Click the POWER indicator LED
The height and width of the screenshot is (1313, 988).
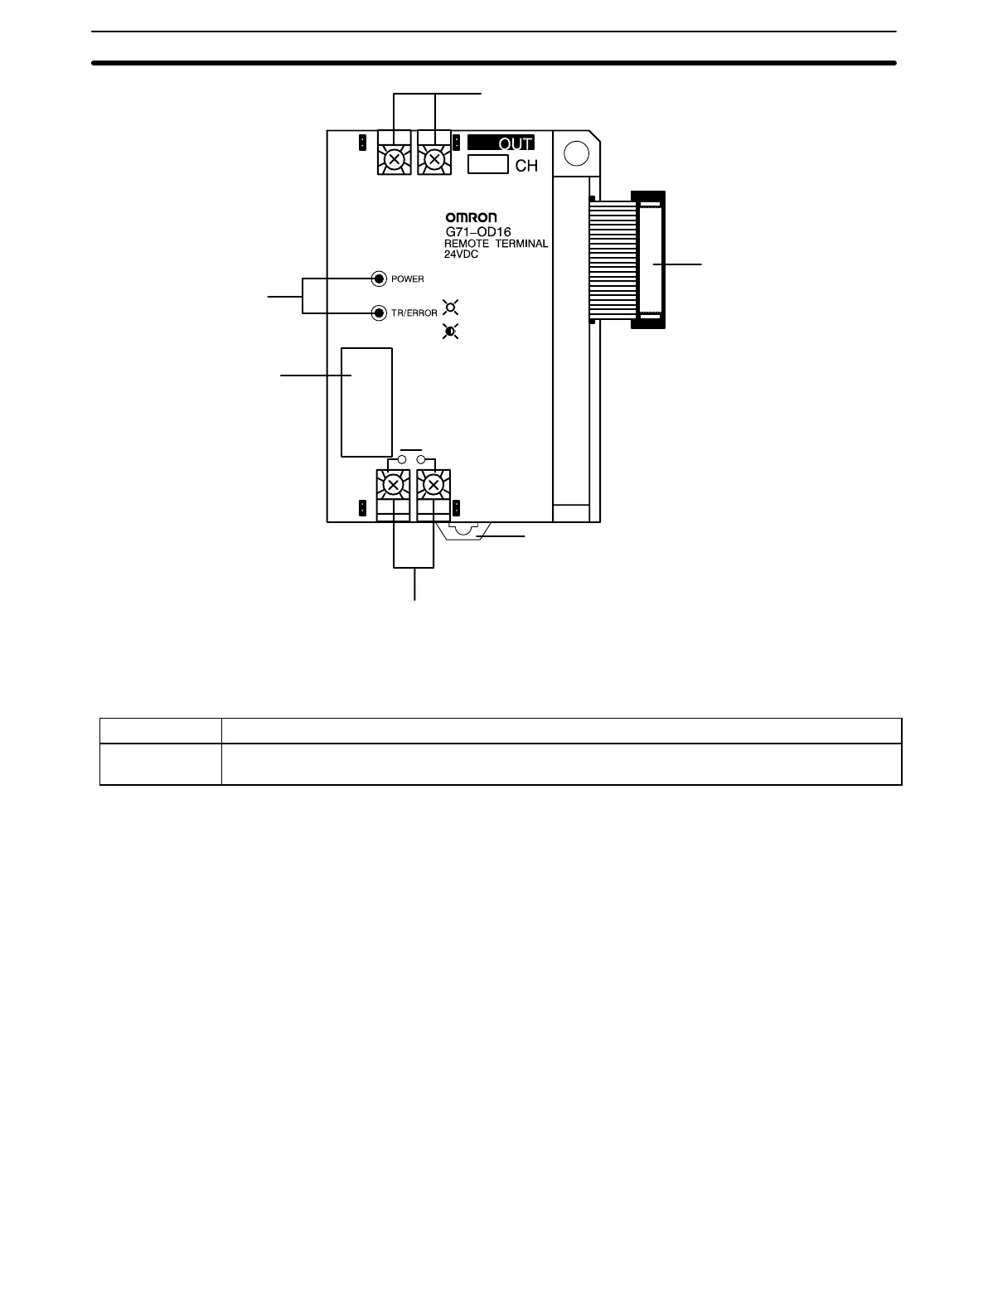click(x=379, y=279)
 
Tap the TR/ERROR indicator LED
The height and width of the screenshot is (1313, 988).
click(x=379, y=313)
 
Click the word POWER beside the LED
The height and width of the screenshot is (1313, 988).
click(x=407, y=279)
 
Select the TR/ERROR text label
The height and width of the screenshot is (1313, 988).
click(x=414, y=313)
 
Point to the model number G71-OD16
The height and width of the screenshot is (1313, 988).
click(x=478, y=233)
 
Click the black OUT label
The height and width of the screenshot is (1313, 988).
click(x=501, y=143)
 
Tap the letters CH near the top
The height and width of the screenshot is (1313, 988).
click(x=526, y=166)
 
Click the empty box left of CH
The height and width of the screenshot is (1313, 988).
click(x=487, y=165)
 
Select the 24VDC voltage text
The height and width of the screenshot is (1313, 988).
click(x=461, y=254)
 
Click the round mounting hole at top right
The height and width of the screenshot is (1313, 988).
click(x=574, y=153)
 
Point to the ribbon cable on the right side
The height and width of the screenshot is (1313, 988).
click(x=612, y=259)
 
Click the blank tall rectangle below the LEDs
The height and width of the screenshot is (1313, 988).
click(x=366, y=402)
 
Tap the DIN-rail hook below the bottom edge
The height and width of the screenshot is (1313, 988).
click(x=466, y=531)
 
